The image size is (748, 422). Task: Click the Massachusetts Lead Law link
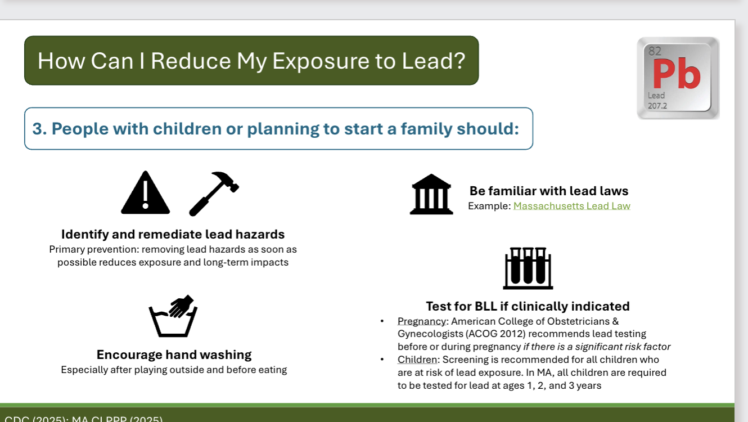tap(571, 206)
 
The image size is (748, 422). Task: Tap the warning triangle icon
tap(145, 194)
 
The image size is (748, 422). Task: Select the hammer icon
tap(214, 193)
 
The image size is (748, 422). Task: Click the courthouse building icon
tap(431, 195)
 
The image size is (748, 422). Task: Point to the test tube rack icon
tap(528, 268)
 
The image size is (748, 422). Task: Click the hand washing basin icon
tap(174, 316)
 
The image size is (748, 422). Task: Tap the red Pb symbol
tap(676, 75)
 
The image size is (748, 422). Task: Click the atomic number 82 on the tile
tap(655, 51)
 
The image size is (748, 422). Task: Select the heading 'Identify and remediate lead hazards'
tap(173, 234)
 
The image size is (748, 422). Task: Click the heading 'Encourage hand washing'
tap(174, 354)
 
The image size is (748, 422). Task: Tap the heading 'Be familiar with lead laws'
tap(549, 191)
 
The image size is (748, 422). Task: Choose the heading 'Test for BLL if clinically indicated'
tap(528, 306)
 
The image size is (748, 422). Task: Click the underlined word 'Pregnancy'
tap(422, 321)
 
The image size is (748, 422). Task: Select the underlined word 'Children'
tap(417, 360)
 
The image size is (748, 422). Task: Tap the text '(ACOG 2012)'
tap(490, 334)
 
